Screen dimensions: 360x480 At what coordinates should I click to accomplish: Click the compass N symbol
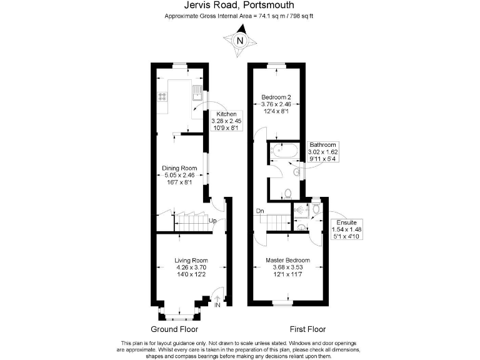coord(240,41)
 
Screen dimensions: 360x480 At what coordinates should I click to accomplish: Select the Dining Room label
coord(180,168)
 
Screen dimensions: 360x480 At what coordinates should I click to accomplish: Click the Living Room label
coord(191,260)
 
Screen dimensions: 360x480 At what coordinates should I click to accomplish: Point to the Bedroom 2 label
coord(276,97)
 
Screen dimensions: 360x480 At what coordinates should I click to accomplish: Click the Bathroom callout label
coord(322,144)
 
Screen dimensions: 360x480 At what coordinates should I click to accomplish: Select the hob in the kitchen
coord(161,97)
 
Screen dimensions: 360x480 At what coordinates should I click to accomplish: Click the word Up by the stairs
coord(212,221)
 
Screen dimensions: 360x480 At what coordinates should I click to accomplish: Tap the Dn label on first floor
coord(259,211)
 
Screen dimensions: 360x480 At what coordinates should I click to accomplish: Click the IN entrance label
coord(217,305)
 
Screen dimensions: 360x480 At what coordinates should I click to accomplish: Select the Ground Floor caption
coord(174,329)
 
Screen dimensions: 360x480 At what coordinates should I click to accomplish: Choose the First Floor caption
coord(307,329)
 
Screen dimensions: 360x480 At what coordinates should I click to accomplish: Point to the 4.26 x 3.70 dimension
coord(191,267)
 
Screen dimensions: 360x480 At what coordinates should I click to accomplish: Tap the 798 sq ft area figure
coord(299,15)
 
